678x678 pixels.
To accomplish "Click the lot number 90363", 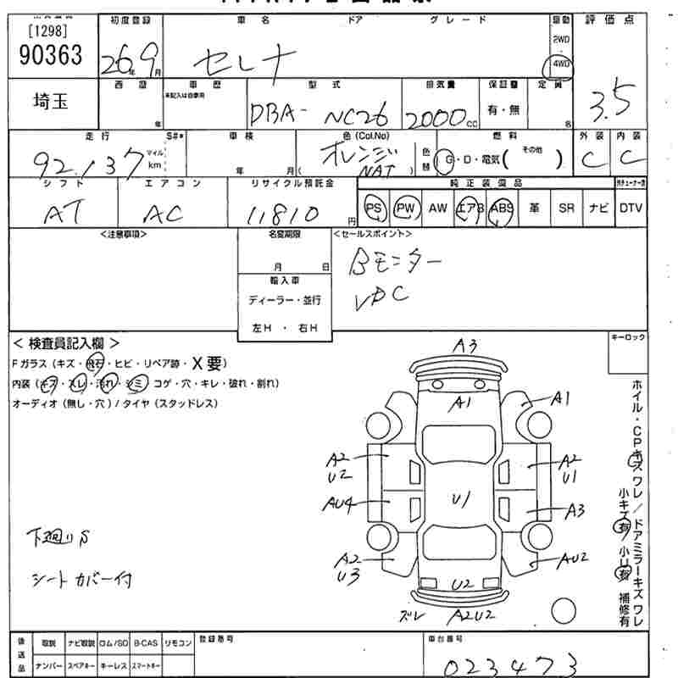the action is (51, 55).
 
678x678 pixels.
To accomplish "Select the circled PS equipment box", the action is (374, 208).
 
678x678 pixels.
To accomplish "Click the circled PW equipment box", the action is (407, 208).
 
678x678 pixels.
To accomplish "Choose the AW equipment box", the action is (437, 208).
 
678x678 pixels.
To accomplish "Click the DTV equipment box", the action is (631, 208).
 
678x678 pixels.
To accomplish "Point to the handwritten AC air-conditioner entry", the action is (161, 214).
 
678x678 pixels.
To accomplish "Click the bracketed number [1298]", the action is (49, 31).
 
